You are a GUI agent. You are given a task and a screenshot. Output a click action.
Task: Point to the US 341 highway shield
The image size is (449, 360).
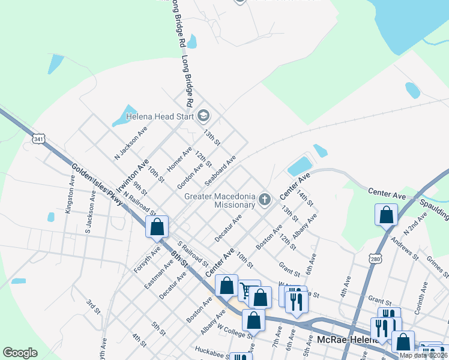point(39,139)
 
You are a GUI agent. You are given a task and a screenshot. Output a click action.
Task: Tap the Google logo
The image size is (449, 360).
point(20,353)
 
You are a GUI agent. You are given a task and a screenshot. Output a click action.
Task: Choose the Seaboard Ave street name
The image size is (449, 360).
point(220,170)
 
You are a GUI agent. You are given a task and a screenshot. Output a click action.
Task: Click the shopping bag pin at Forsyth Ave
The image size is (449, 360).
point(157,227)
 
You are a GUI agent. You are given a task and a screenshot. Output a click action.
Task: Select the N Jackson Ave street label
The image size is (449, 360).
point(130,145)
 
